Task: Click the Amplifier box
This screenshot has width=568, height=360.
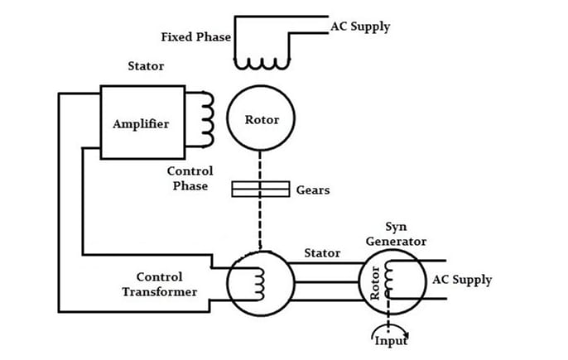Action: pos(142,122)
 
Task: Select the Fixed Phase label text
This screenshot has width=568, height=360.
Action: pos(196,37)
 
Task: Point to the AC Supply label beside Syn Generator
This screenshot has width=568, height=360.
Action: pos(462,280)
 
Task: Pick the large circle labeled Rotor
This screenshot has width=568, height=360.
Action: pos(262,120)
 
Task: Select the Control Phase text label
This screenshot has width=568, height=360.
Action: pos(190,179)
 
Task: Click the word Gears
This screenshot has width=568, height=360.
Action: pos(312,190)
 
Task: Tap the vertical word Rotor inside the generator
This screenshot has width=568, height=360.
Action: pos(375,283)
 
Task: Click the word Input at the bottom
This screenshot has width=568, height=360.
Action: pos(391,340)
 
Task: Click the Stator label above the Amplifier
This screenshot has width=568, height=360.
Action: pos(146,65)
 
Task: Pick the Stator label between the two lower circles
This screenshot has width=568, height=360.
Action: pos(321,252)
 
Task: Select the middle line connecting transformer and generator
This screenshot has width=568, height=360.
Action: pos(325,283)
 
